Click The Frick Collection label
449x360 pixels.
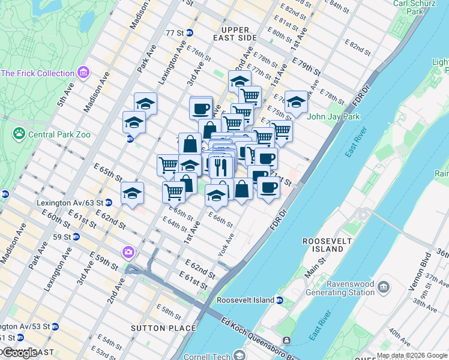coord(37,73)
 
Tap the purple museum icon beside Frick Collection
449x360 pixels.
coord(83,73)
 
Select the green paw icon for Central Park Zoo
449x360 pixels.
coord(19,133)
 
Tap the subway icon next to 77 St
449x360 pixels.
coord(190,32)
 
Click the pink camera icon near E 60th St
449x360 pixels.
coord(128,252)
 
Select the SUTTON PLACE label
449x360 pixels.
coord(163,328)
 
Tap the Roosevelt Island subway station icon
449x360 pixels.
coord(280,300)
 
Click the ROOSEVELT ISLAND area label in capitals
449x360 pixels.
coord(323,245)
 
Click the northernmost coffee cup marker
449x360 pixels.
coord(201,108)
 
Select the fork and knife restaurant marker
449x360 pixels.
coord(220,166)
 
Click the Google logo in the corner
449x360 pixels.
coord(20,353)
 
